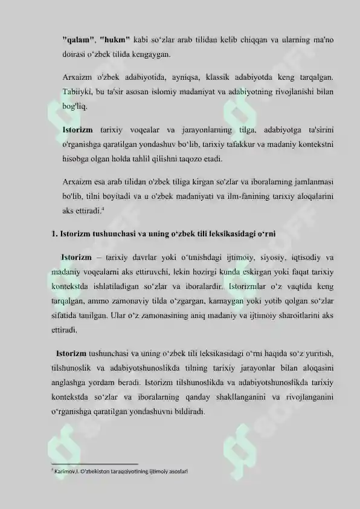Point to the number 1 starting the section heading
tap(54, 234)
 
